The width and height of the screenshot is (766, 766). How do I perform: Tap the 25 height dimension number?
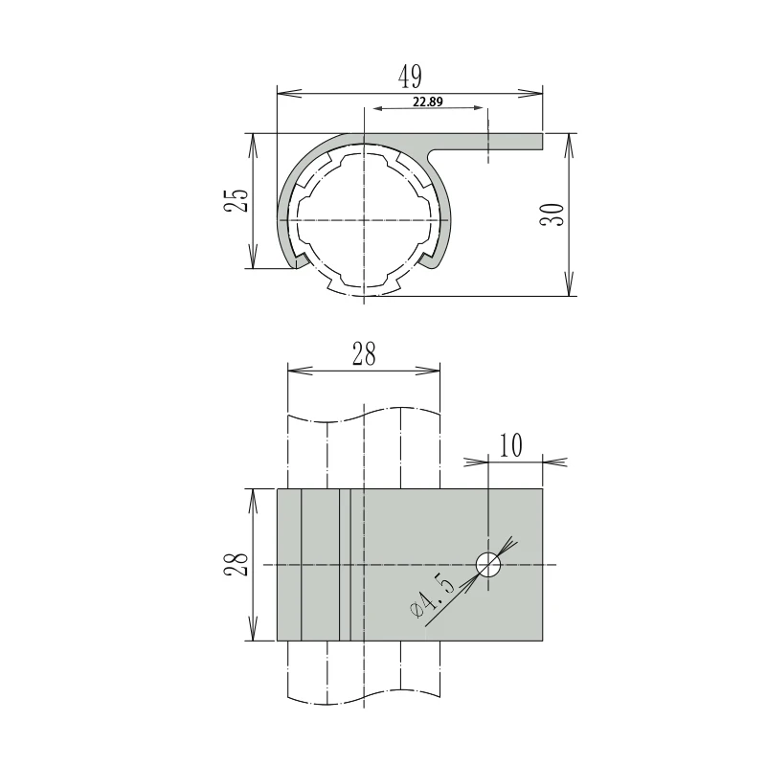tap(239, 201)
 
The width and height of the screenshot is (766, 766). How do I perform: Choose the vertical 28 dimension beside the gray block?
tap(239, 565)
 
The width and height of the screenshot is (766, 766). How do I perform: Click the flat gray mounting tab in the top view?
tap(498, 141)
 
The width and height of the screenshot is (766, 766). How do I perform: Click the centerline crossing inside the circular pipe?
tap(364, 220)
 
